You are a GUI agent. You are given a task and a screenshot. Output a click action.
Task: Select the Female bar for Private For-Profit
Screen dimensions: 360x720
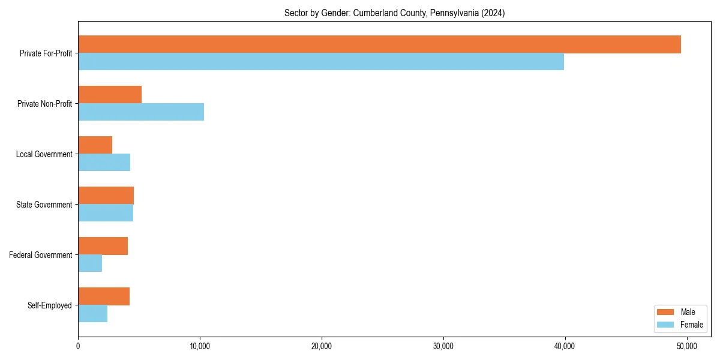tap(321, 62)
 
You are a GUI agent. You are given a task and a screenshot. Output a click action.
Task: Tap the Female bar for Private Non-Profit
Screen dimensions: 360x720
tap(141, 112)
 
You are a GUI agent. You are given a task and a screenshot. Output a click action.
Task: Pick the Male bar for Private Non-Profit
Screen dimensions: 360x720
tap(110, 95)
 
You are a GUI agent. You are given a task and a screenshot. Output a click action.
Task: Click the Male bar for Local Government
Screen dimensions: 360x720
tap(95, 145)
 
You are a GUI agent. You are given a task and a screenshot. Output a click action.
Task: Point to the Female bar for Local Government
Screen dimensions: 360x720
tap(104, 163)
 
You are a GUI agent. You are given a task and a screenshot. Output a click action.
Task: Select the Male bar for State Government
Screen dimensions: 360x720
tap(106, 196)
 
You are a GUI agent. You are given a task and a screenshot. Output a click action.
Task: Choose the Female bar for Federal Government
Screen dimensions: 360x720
tap(90, 263)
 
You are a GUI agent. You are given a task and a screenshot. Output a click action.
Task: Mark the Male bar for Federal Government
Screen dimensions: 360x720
tap(103, 246)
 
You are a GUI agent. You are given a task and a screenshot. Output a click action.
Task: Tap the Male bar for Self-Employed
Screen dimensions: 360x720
tap(104, 296)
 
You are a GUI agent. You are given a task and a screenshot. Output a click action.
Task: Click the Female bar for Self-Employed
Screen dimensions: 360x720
tap(92, 314)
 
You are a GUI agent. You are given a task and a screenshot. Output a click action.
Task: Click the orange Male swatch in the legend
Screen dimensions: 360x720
tap(666, 312)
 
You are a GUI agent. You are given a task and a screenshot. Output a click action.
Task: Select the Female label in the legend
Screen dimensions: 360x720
tap(691, 325)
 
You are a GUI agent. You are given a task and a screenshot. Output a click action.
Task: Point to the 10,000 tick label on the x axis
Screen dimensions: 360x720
tap(200, 346)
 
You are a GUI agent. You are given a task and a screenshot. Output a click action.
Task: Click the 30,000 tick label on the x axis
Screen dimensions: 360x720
tap(443, 346)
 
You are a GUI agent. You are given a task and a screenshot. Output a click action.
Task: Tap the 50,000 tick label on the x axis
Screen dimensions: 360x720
tap(686, 346)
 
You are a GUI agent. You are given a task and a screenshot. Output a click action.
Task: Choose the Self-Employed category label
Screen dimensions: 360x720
tap(50, 305)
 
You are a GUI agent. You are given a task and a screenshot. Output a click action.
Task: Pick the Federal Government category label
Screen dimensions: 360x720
tap(41, 255)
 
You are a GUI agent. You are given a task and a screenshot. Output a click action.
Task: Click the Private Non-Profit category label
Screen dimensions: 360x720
tap(44, 104)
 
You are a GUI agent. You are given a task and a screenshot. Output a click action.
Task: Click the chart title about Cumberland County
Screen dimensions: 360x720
tap(394, 13)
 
